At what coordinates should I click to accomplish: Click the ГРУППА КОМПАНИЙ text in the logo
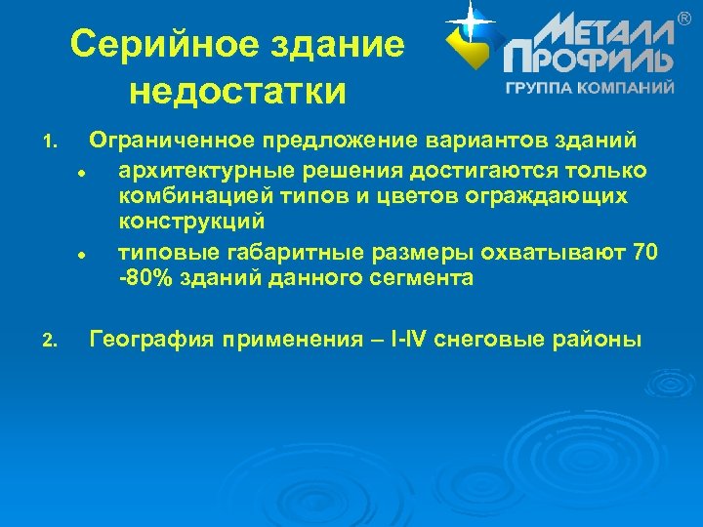[x=589, y=88]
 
